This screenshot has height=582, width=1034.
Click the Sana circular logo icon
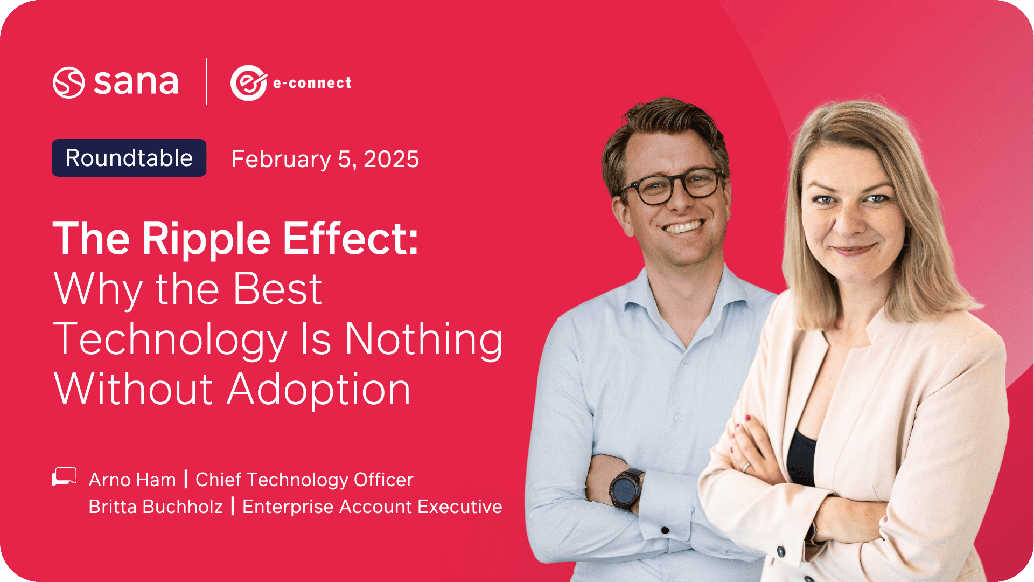click(69, 82)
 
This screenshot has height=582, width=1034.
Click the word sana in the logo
click(136, 82)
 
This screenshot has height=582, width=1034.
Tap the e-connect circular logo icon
click(249, 83)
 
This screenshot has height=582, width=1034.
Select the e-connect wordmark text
click(312, 83)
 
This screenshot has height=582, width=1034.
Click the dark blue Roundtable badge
click(129, 158)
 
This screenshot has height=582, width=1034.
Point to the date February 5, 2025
click(325, 159)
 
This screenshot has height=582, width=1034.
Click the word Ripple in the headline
click(206, 239)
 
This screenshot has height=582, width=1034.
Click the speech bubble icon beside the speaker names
click(64, 476)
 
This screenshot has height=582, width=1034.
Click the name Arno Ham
click(132, 480)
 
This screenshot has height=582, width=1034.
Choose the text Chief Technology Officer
click(304, 480)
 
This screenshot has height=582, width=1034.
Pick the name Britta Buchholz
click(156, 507)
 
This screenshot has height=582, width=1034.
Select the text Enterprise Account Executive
click(372, 507)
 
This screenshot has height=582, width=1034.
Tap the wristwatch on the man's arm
click(625, 489)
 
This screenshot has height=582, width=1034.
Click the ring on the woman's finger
click(746, 467)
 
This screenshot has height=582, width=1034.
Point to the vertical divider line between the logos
click(207, 81)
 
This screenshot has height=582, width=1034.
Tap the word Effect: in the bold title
click(351, 239)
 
